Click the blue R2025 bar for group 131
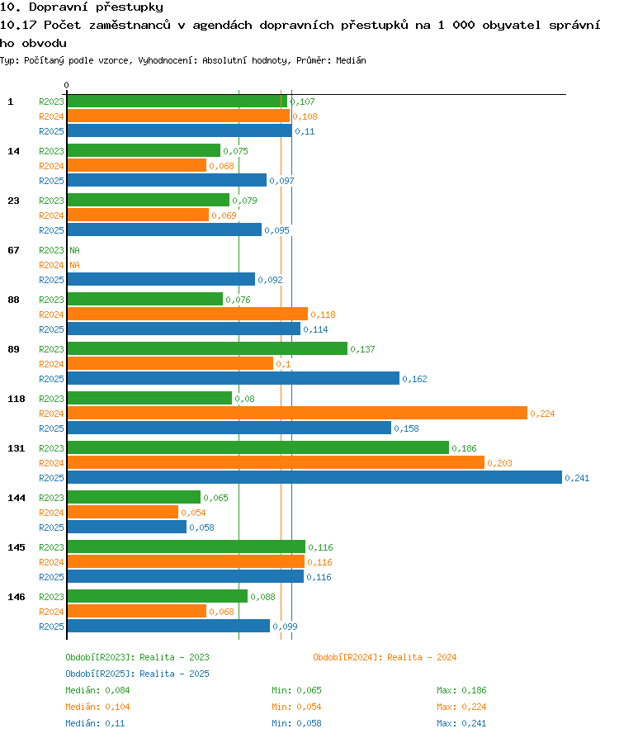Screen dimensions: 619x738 [314, 477]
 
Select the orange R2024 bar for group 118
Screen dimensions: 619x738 [297, 413]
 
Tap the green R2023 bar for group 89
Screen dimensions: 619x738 [207, 348]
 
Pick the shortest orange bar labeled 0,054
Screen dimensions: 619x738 [123, 512]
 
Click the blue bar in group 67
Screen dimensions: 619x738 [161, 279]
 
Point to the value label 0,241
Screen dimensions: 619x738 [577, 478]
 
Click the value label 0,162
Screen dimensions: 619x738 [414, 379]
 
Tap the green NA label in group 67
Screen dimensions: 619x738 [75, 250]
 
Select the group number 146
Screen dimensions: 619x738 [17, 597]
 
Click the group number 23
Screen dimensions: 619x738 [14, 201]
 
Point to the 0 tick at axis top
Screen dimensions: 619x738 [66, 85]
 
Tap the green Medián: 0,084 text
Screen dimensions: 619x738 [97, 690]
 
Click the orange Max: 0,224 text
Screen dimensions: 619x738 [461, 707]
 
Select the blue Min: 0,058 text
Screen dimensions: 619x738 [296, 723]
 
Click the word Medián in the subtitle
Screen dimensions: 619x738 [351, 60]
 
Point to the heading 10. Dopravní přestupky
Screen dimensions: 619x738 [82, 7]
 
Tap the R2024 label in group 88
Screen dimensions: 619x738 [51, 315]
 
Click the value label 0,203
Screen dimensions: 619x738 [500, 463]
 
